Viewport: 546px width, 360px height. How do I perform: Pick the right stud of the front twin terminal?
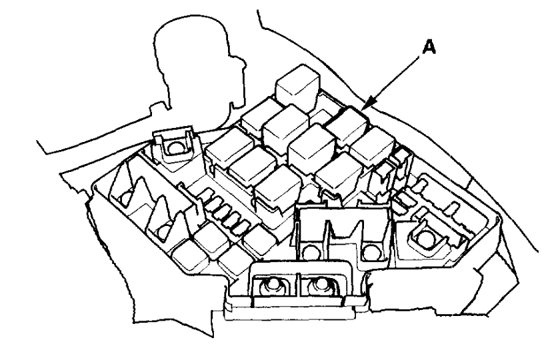(x=318, y=286)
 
